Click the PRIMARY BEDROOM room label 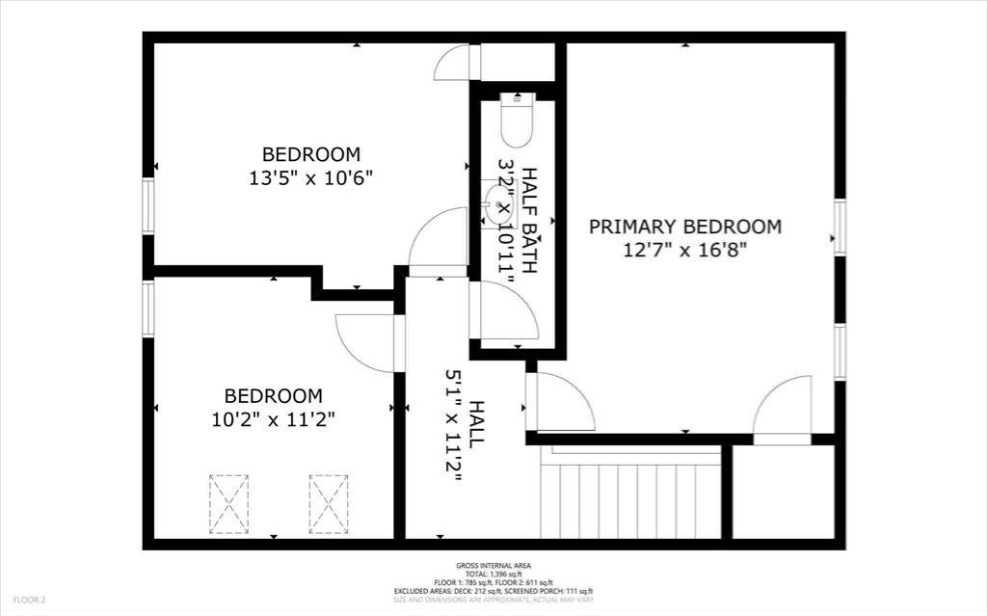(685, 228)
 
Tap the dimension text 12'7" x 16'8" (685, 251)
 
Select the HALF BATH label (529, 221)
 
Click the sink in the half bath (499, 204)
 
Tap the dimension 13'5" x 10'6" (310, 177)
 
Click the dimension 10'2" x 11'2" (273, 419)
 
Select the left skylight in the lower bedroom (228, 503)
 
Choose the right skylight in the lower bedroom (329, 503)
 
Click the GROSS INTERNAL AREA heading (493, 566)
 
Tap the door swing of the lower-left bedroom (366, 342)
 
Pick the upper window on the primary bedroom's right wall (840, 228)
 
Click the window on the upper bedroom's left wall (147, 205)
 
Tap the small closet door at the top (455, 64)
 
